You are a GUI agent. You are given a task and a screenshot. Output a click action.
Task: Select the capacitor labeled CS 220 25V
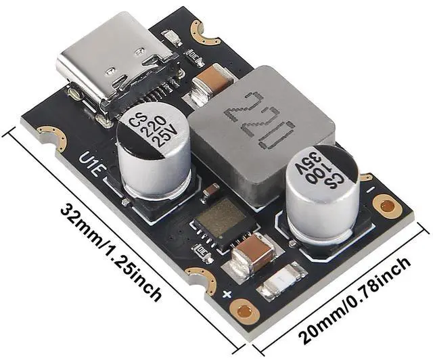tap(153, 152)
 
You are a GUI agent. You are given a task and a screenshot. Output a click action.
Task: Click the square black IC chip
tap(223, 223)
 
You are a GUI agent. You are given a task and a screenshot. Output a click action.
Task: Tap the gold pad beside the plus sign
tap(244, 309)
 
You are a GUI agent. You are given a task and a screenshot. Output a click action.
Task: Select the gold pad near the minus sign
tap(387, 204)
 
